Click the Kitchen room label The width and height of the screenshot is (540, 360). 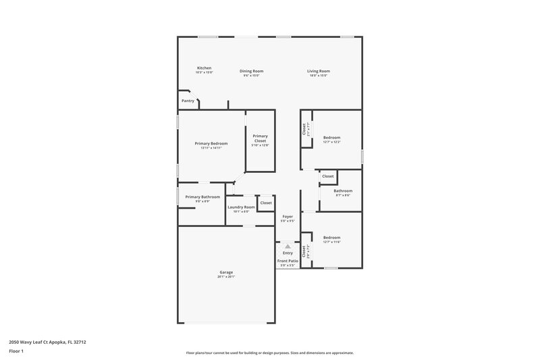click(204, 68)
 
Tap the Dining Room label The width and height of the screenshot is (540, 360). click(252, 71)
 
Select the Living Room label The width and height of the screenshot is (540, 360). click(318, 71)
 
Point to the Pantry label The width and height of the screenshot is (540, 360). click(188, 101)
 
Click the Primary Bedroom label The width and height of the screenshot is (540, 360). click(211, 143)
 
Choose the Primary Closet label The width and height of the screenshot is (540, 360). click(260, 138)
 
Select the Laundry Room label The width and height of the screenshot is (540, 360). click(241, 207)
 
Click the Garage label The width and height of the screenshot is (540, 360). click(225, 272)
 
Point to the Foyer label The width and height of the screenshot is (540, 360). click(288, 217)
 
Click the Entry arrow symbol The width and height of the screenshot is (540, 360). click(288, 247)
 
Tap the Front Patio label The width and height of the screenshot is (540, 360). click(288, 261)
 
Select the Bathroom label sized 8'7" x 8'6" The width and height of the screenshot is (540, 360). click(342, 190)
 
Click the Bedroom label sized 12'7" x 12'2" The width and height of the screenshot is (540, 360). click(331, 138)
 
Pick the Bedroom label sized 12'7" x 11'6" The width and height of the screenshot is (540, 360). click(331, 237)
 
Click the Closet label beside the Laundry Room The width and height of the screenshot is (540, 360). click(266, 203)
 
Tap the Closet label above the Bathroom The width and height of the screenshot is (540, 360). click(327, 176)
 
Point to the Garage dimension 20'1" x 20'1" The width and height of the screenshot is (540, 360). click(225, 277)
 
